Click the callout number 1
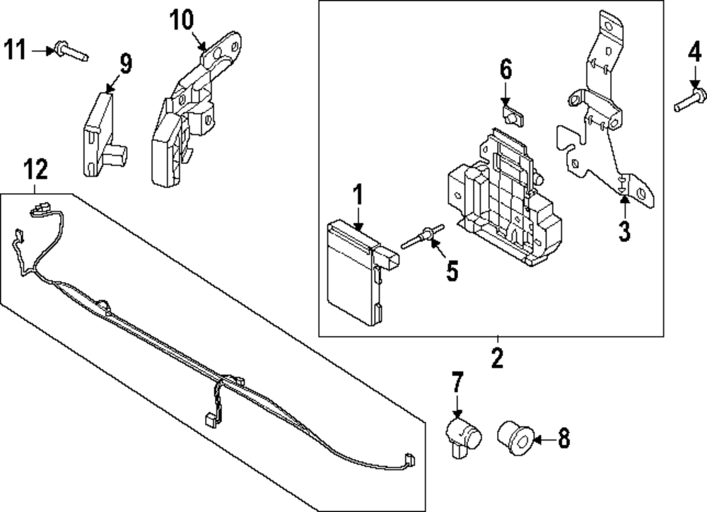[358, 194]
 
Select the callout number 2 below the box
[497, 358]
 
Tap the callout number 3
[624, 231]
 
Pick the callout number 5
[452, 269]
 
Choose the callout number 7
[457, 383]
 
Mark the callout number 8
[563, 439]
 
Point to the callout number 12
[36, 169]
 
